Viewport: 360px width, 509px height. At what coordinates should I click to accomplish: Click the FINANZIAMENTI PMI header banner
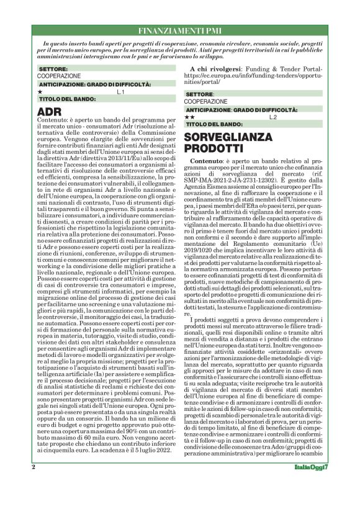click(x=180, y=30)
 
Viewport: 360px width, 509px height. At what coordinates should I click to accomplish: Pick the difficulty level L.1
click(x=120, y=91)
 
